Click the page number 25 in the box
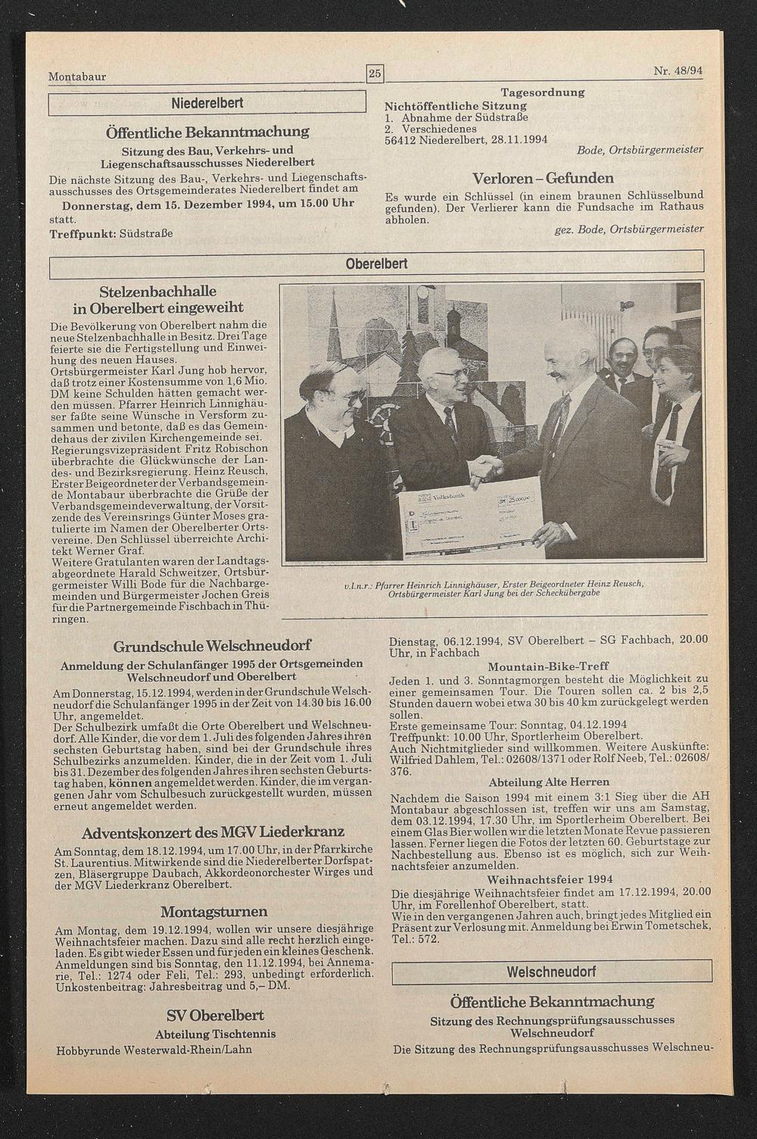point(375,73)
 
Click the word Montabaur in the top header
point(77,76)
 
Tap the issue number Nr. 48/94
point(678,71)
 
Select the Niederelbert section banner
point(207,102)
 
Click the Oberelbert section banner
point(376,264)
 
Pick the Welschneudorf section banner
point(551,971)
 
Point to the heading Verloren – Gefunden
point(543,179)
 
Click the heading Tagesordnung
point(542,92)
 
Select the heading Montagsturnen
point(213,911)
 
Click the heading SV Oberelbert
point(215,1015)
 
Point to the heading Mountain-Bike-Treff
point(549,666)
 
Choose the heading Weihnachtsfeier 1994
point(550,879)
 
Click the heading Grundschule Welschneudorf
point(212,646)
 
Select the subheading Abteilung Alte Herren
point(549,782)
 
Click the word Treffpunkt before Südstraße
point(82,233)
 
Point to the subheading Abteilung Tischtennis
point(215,1034)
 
